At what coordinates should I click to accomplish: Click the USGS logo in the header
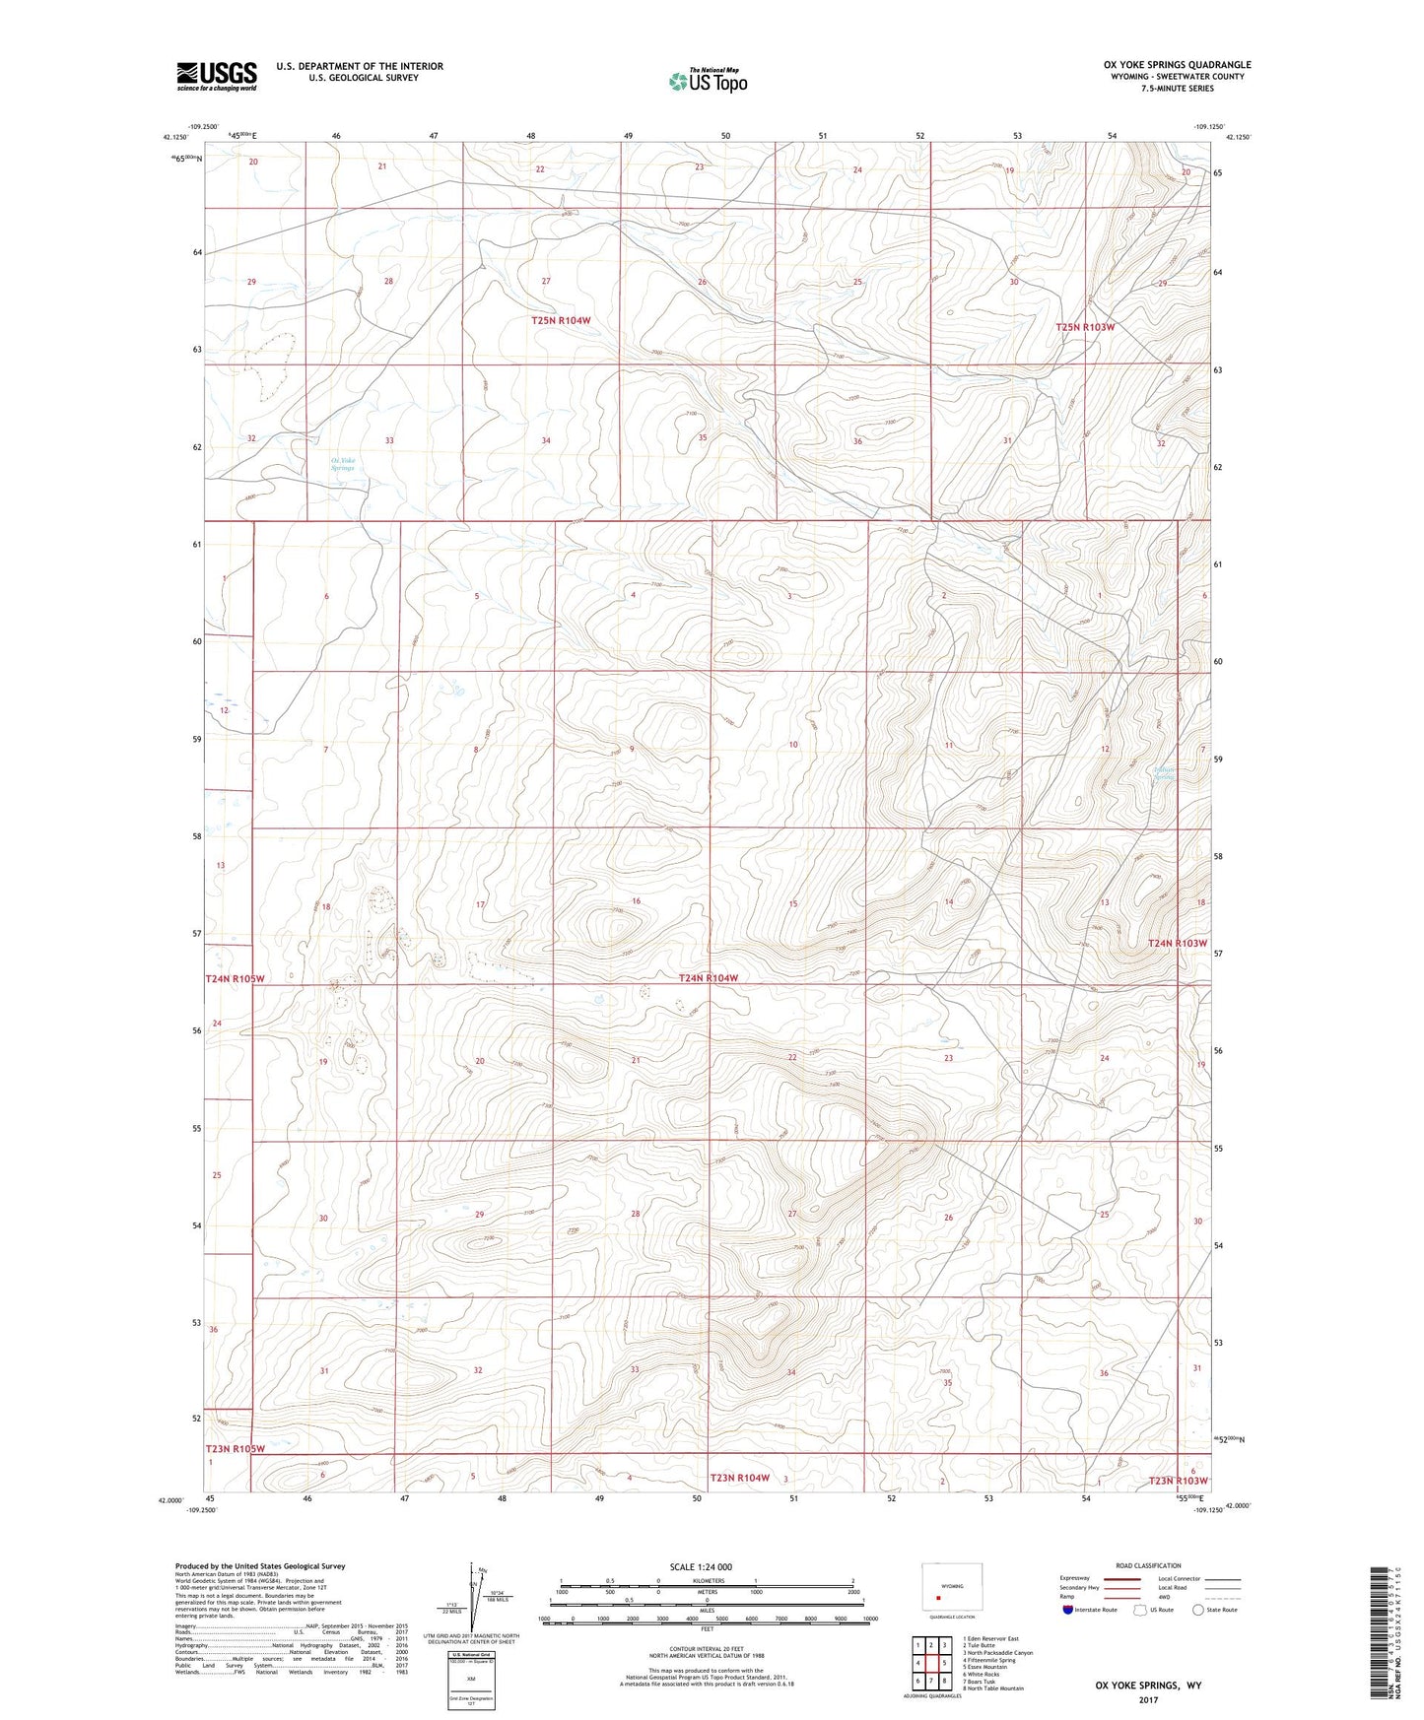pos(217,76)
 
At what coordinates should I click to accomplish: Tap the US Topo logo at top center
pos(709,81)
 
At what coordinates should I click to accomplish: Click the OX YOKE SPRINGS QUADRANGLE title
pos(1177,65)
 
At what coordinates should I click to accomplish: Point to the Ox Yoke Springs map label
pos(342,464)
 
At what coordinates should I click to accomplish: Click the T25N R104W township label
pos(561,320)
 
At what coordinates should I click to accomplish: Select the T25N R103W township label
pos(1084,327)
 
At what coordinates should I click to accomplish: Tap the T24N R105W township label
pos(236,978)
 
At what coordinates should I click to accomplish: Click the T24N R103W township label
pos(1177,943)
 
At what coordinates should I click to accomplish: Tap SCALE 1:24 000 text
pos(701,1566)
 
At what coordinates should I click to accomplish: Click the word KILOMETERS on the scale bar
pos(708,1580)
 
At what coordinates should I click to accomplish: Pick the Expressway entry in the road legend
pos(1075,1577)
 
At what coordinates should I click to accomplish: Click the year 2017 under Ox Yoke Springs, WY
pos(1147,1698)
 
